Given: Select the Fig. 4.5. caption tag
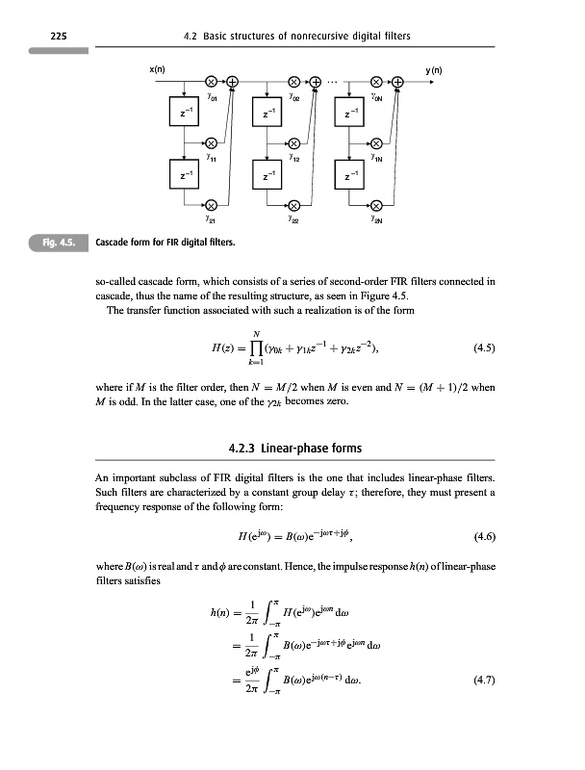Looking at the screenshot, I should point(62,240).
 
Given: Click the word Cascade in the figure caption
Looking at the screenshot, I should point(116,240).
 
